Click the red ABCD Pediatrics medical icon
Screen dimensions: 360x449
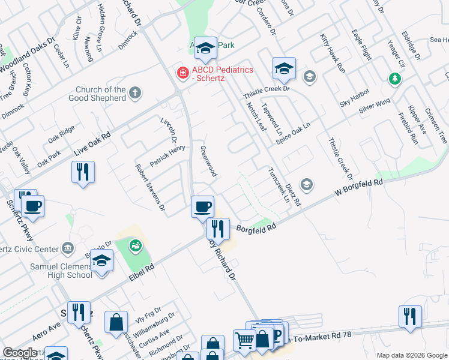tap(181, 73)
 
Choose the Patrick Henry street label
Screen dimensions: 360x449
tap(167, 155)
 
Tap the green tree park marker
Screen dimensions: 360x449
tap(395, 79)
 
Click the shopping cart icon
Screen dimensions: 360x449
tap(244, 340)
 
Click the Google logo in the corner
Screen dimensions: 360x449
tap(20, 353)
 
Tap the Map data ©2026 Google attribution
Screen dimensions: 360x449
tap(412, 355)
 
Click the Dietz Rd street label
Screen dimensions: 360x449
tap(292, 195)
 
